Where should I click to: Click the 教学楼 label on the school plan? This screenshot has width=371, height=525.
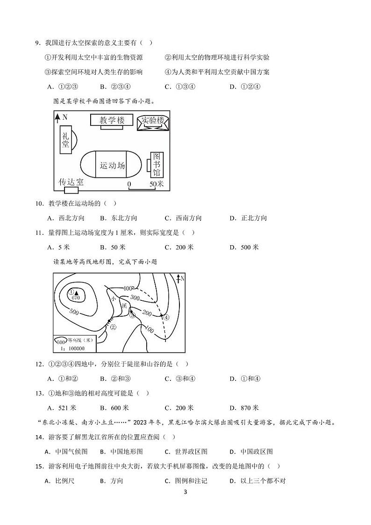pos(113,121)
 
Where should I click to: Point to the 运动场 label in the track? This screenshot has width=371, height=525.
pos(112,165)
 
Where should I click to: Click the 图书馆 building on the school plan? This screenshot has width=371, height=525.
pos(157,165)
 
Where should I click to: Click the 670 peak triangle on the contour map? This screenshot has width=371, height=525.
pos(76,292)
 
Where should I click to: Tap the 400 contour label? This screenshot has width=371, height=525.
pos(128,288)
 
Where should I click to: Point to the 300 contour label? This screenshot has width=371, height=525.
pos(135,298)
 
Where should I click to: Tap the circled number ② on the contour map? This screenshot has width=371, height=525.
pos(112,328)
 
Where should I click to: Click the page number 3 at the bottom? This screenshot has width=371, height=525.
pos(185,492)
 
